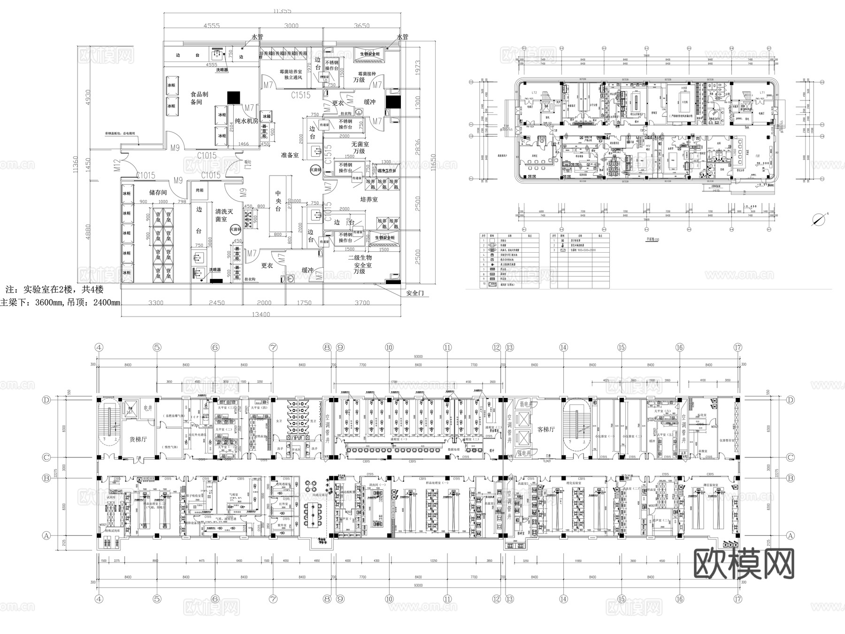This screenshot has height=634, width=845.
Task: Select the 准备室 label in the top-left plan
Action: tap(290, 155)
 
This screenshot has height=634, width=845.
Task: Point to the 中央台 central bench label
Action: tap(278, 201)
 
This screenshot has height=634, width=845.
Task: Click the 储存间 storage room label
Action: tap(158, 192)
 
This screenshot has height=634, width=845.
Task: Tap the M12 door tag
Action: tap(118, 165)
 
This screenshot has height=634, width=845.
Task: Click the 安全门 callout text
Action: tap(415, 293)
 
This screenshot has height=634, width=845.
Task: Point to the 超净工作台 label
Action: tap(384, 171)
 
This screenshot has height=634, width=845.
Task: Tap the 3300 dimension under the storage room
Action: tap(155, 302)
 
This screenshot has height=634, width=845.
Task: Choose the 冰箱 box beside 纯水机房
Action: tap(267, 116)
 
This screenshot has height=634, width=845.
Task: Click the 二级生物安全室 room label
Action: tap(360, 264)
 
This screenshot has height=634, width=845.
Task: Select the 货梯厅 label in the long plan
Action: tap(138, 439)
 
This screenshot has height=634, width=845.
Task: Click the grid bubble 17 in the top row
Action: tap(738, 348)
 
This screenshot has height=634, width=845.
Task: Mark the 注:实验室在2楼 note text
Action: tap(54, 289)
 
